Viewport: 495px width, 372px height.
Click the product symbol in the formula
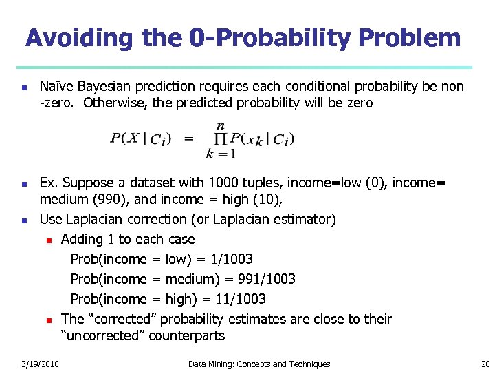220,139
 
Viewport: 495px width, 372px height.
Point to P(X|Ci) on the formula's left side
140,138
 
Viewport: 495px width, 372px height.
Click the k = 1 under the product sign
220,154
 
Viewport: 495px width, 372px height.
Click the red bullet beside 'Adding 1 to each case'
49,240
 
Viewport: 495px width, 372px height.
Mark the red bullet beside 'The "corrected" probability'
49,320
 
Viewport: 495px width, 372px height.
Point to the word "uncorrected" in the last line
103,337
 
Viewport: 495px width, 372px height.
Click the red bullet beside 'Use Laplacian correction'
24,220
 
